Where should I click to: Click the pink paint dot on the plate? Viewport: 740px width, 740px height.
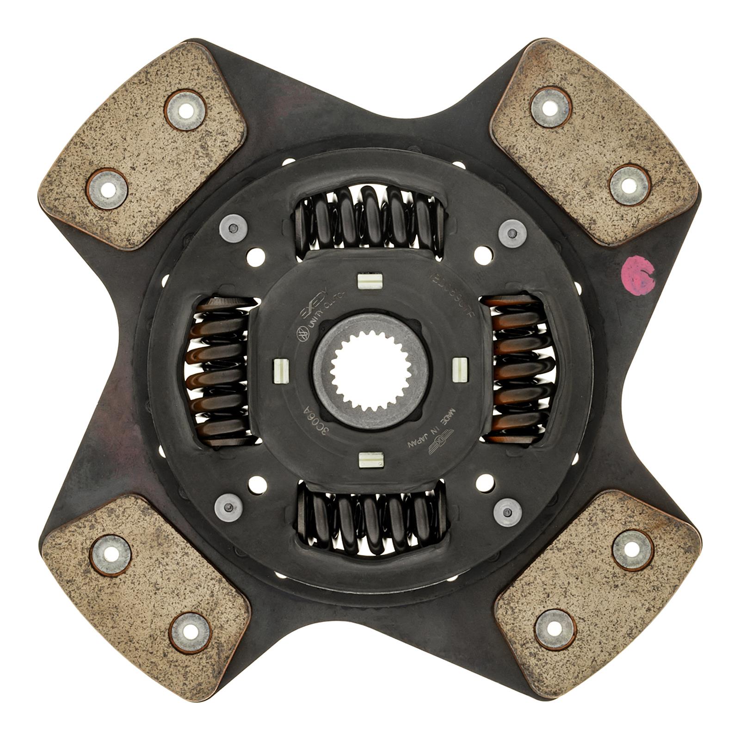(638, 275)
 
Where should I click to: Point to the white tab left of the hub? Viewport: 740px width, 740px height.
(280, 370)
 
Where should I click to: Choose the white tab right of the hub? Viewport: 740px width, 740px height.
(460, 370)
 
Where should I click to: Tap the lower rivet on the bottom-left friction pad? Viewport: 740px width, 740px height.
(189, 632)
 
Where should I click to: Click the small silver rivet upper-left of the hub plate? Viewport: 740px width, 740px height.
(233, 228)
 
